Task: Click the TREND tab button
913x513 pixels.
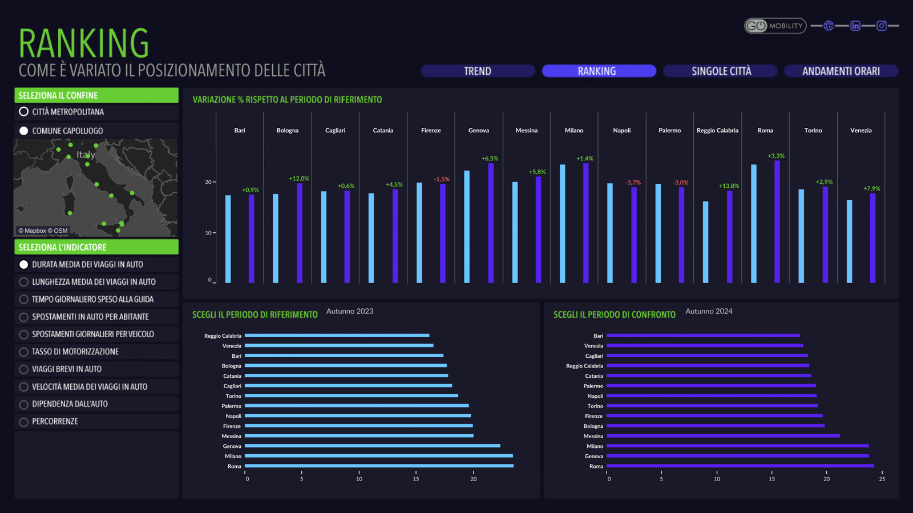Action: [478, 71]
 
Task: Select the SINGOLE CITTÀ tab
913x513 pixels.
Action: [721, 71]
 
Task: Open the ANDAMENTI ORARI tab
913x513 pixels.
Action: [841, 71]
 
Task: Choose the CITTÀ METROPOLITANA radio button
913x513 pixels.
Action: [24, 112]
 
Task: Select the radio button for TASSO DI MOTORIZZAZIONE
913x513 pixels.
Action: [24, 352]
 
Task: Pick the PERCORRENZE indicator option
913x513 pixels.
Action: [24, 422]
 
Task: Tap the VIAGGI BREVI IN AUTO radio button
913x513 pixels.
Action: [24, 370]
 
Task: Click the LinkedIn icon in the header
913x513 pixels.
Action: [855, 26]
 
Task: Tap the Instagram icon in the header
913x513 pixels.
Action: [882, 26]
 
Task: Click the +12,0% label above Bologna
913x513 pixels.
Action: [299, 179]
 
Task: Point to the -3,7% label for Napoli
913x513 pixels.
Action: [633, 183]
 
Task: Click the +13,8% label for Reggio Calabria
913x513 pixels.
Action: [729, 186]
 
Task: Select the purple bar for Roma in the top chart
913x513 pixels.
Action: [777, 223]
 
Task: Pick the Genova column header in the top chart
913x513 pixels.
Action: [479, 131]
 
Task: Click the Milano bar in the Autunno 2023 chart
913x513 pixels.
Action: [378, 456]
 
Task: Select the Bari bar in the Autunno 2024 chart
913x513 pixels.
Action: [702, 336]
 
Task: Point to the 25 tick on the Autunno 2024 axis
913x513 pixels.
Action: [882, 479]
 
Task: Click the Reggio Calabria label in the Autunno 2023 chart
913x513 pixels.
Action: [223, 336]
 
